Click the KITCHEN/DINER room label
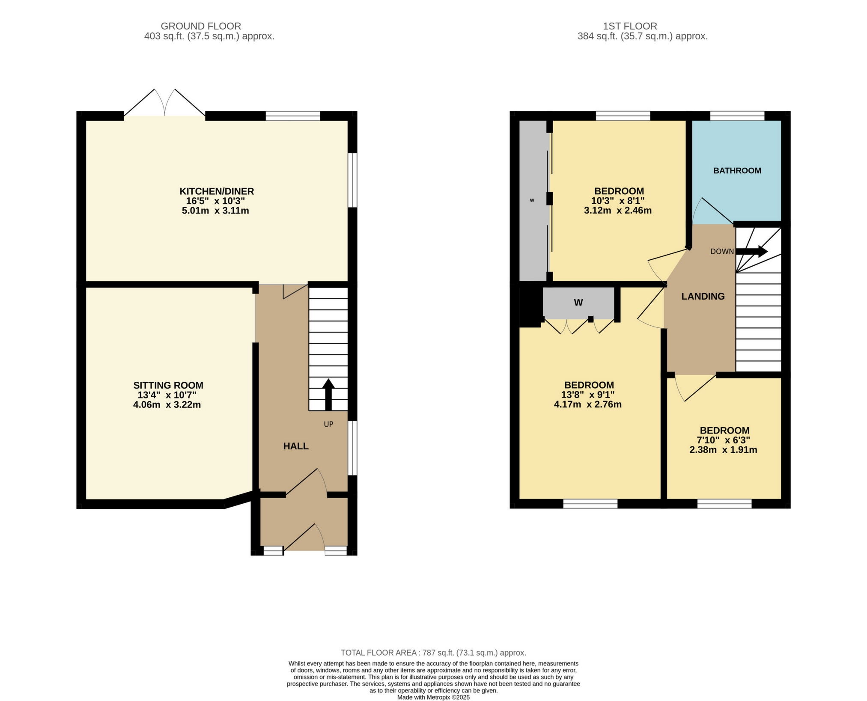[216, 191]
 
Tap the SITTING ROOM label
[168, 385]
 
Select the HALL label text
[295, 446]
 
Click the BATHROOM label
[737, 171]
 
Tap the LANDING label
[703, 296]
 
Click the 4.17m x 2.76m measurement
[587, 404]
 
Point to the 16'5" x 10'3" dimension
[215, 201]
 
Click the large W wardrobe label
[578, 303]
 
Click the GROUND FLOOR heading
[201, 26]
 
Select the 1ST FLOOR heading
[629, 26]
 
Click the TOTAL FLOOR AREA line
[433, 653]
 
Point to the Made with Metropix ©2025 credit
[433, 697]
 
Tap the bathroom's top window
[737, 116]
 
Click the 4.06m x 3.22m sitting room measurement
[167, 404]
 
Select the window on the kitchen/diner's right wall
[352, 180]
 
